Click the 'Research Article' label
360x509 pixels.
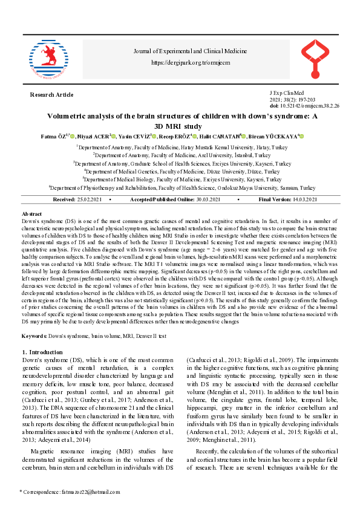click(x=52, y=94)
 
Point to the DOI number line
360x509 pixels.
click(x=304, y=106)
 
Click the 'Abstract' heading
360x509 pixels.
click(x=31, y=215)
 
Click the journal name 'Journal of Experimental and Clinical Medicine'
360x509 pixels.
click(x=189, y=52)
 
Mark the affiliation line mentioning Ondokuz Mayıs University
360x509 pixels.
click(x=182, y=188)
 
